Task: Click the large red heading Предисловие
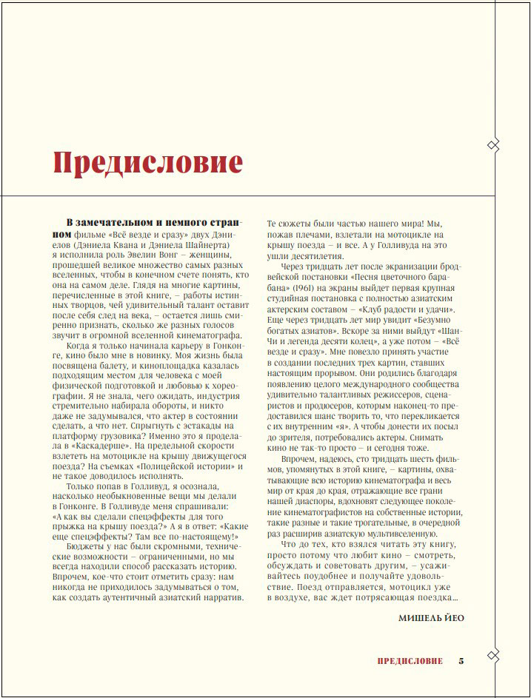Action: click(148, 161)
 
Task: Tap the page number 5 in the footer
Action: click(461, 661)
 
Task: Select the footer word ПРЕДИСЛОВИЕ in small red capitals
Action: click(410, 661)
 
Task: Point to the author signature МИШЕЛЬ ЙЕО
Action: click(431, 617)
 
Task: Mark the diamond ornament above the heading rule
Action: click(493, 144)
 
